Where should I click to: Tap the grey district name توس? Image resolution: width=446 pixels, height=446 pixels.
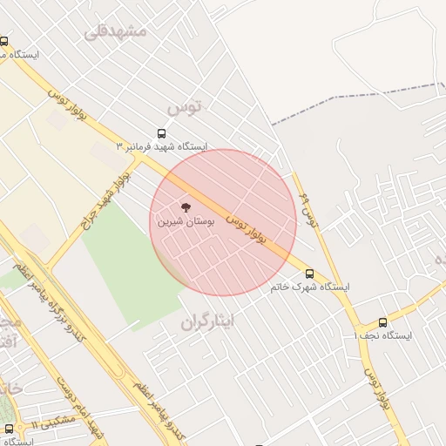[x=184, y=107]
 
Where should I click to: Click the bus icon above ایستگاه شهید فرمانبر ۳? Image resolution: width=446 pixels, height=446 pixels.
[x=161, y=133]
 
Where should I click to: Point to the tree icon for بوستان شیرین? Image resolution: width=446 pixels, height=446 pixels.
[x=185, y=207]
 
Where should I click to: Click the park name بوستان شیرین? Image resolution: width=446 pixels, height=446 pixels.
[x=183, y=221]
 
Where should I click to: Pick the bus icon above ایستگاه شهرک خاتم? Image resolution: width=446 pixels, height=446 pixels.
[x=309, y=274]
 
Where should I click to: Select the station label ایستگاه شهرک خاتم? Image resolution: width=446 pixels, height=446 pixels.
[x=309, y=287]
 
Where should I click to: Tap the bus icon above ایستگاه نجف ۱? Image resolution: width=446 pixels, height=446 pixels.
[x=382, y=322]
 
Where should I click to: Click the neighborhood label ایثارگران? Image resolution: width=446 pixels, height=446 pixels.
[x=208, y=322]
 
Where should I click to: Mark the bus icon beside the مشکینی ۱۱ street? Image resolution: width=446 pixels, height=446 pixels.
[x=9, y=428]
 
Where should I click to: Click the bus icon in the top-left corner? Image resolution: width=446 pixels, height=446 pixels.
[x=4, y=41]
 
